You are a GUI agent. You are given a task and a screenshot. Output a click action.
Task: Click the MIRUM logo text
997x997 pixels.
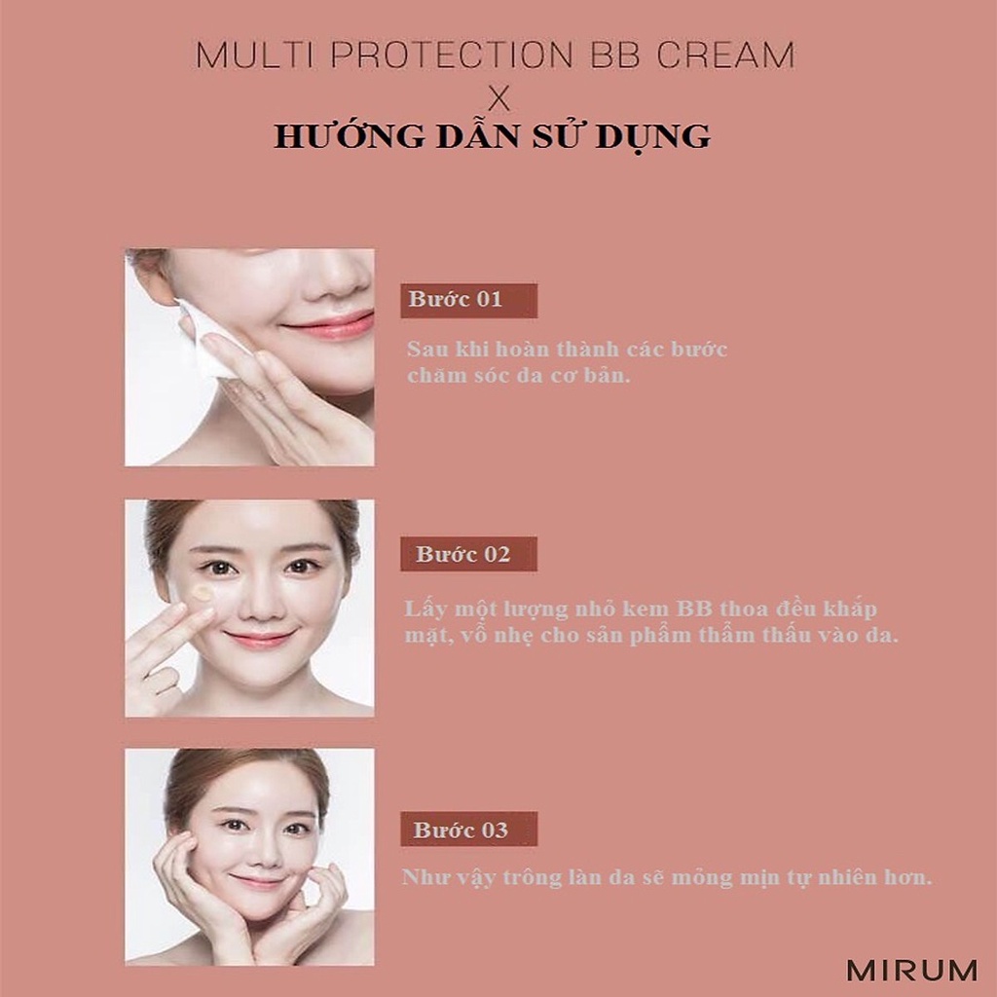click(x=911, y=970)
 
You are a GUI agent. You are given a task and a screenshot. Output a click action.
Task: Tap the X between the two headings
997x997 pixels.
click(x=498, y=98)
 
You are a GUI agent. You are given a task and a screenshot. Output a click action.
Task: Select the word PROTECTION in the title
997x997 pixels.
click(x=453, y=55)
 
